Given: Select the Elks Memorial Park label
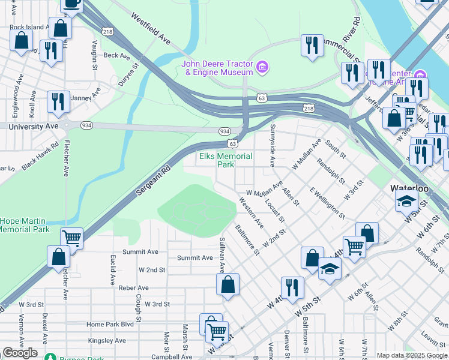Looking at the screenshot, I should (226, 160).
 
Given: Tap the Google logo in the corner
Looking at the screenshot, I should (20, 353).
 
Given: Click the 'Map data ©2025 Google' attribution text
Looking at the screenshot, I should (412, 355).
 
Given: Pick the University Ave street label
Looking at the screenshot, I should (34, 127).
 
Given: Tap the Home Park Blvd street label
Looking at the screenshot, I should (110, 324).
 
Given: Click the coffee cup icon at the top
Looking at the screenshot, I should (72, 4).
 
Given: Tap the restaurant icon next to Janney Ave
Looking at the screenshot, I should (58, 101).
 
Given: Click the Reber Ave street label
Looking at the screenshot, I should (133, 288).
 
